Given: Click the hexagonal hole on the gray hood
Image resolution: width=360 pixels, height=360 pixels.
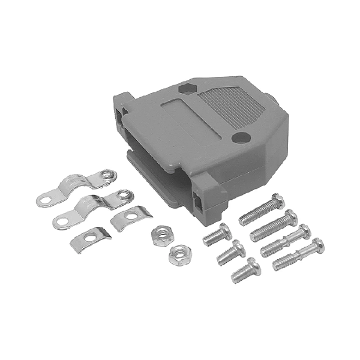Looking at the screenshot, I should [x=186, y=88].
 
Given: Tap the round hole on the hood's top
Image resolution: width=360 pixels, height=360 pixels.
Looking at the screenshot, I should [x=241, y=137].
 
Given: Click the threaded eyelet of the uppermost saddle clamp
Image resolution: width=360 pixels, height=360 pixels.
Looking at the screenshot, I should [x=107, y=175].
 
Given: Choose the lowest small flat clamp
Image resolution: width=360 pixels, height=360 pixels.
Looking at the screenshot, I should [x=89, y=239].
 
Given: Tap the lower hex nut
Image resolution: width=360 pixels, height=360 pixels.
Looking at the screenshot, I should [x=178, y=255].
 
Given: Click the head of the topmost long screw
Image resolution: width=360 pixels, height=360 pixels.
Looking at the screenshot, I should [x=277, y=200].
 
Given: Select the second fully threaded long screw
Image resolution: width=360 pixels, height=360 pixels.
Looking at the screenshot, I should [x=274, y=225].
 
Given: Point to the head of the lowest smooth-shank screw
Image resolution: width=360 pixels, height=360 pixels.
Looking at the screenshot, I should [x=317, y=244].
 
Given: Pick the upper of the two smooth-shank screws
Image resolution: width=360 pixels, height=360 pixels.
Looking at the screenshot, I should [x=286, y=240].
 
